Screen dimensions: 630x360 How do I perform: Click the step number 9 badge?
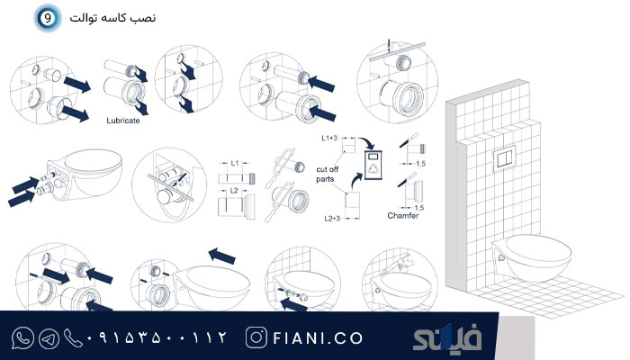(x=48, y=18)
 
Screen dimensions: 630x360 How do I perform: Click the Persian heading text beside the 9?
(x=112, y=18)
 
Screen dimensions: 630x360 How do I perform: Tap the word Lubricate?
(x=123, y=120)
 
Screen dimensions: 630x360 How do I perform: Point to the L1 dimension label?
(x=235, y=163)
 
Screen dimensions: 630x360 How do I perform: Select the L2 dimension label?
(x=234, y=191)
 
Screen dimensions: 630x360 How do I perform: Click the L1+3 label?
(x=329, y=139)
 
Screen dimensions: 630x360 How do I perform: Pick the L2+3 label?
(x=332, y=218)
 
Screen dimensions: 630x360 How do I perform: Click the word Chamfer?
(x=402, y=216)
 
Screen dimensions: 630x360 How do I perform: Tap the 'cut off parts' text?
(x=327, y=174)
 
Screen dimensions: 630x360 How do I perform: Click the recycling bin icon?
(x=373, y=165)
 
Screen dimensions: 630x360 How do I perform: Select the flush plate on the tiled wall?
(x=504, y=159)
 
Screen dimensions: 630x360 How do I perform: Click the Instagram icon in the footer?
(x=256, y=337)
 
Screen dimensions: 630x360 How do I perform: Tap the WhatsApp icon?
(x=22, y=337)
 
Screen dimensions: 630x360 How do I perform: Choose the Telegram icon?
(x=49, y=338)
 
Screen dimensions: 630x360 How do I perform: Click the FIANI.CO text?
(x=318, y=338)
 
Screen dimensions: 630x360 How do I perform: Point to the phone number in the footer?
(x=157, y=337)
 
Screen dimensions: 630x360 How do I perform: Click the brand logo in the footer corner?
(x=446, y=337)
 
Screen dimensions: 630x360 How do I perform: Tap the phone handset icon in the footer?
(x=73, y=338)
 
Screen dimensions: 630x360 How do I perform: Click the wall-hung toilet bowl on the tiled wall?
(x=534, y=257)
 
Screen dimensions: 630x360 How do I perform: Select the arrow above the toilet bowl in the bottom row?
(x=222, y=256)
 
